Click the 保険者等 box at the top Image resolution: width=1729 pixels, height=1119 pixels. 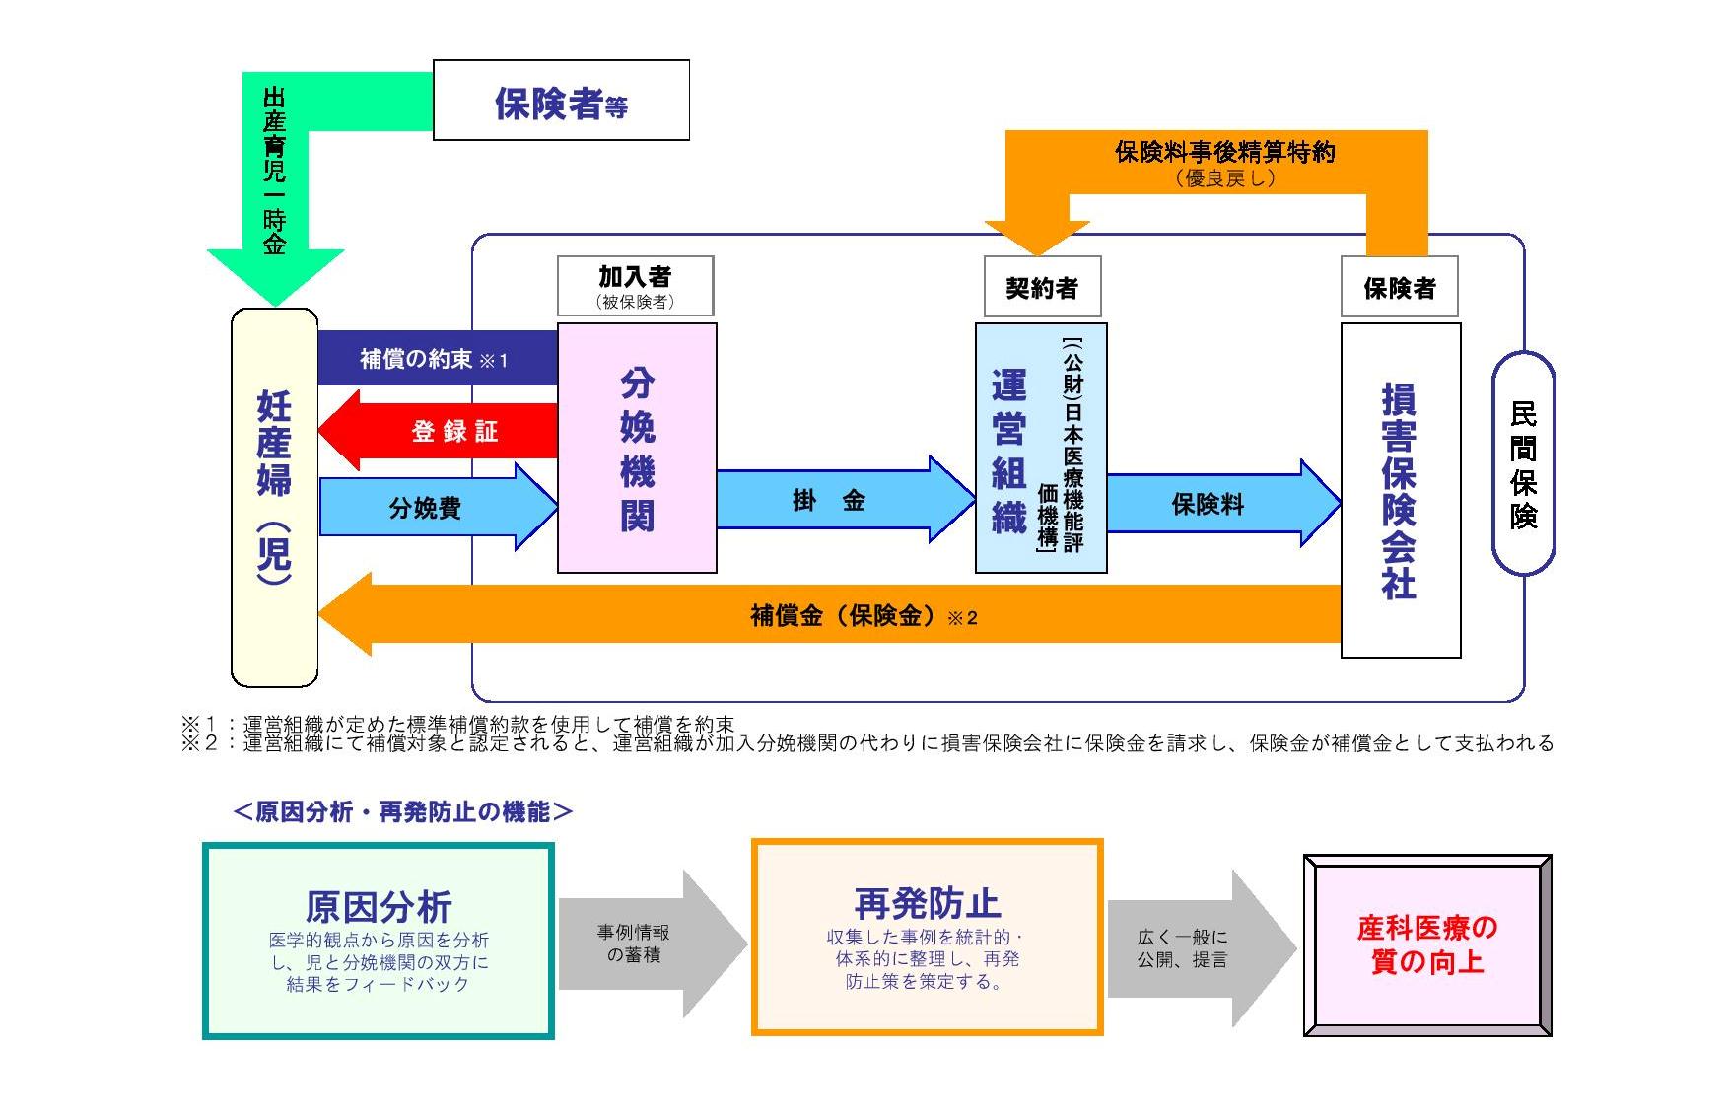pos(560,101)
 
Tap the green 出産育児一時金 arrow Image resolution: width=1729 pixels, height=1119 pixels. pos(275,177)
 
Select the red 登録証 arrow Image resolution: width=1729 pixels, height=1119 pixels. pos(444,431)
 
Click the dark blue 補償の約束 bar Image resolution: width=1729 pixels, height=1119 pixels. pos(436,359)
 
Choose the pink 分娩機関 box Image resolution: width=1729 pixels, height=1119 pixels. pos(637,449)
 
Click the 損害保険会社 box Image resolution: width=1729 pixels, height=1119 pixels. pos(1400,490)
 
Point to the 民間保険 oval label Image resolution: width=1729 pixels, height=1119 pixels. pos(1523,463)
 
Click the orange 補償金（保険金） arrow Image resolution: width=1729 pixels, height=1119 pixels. pos(848,616)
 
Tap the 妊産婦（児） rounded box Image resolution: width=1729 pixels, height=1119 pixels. pos(274,498)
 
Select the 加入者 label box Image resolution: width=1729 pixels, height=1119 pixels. pos(636,286)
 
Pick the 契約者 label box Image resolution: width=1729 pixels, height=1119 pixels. pos(1042,288)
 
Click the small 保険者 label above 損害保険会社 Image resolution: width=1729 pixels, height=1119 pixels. pos(1399,288)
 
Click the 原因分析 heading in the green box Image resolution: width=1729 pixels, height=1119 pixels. pos(379,905)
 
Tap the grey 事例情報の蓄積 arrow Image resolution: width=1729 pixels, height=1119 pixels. pos(641,944)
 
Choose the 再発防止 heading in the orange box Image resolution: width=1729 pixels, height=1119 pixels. pos(927,902)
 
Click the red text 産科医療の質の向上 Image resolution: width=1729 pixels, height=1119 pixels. pos(1426,944)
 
